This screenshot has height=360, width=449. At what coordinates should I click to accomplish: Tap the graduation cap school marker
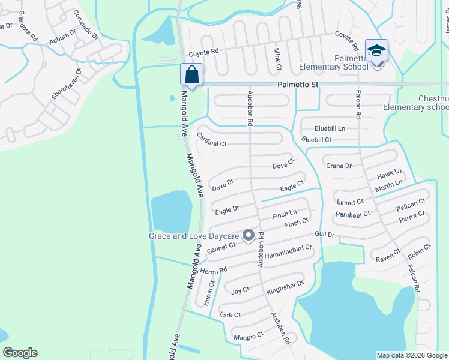[x=376, y=50]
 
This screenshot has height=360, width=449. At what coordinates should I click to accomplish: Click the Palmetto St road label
[x=297, y=86]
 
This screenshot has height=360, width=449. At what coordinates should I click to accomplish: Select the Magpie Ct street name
[x=249, y=336]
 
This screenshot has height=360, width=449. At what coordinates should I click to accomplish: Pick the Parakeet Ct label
[x=353, y=214]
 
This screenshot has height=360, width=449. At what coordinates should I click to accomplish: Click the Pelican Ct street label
[x=411, y=205]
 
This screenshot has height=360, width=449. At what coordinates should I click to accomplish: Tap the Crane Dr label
[x=339, y=166]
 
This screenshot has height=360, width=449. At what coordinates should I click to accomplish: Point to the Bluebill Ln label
[x=330, y=128]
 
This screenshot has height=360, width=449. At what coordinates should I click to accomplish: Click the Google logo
[x=20, y=353]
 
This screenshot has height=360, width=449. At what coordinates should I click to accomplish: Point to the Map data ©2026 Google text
[x=411, y=355]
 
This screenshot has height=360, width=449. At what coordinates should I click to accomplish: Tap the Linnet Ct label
[x=350, y=202]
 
